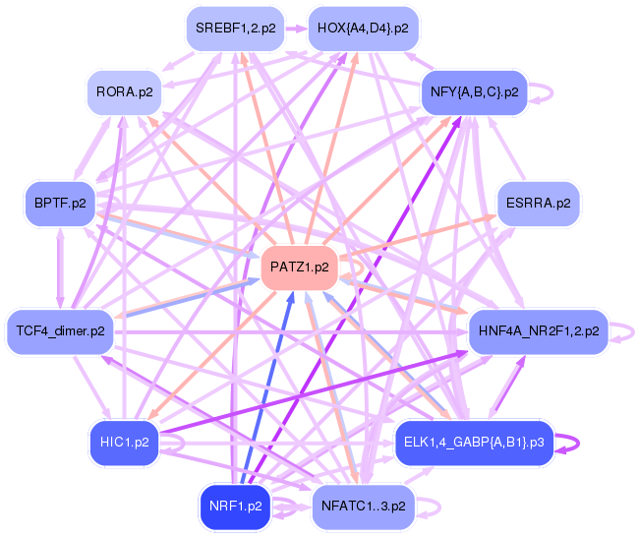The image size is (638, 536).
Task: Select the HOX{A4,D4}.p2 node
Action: [x=363, y=29]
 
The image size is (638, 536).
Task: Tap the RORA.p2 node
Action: [x=124, y=92]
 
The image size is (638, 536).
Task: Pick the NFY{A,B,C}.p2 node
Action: [x=475, y=92]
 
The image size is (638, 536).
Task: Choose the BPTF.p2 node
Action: [x=60, y=204]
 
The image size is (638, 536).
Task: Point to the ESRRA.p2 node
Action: [x=539, y=204]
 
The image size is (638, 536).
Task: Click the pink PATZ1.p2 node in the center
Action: [x=299, y=267]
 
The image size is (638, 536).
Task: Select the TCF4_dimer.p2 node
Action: [x=60, y=330]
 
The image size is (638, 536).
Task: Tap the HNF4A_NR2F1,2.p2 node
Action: [x=539, y=330]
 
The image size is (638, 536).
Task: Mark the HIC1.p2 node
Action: [x=124, y=442]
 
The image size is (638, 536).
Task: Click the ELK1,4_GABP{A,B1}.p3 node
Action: [x=475, y=442]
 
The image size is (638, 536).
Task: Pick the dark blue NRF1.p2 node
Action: [x=235, y=506]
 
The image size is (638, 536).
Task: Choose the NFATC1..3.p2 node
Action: [x=363, y=506]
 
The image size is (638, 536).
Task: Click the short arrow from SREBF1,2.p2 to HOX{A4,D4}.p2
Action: [x=294, y=29]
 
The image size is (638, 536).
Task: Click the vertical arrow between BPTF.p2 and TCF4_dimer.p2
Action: [x=60, y=267]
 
